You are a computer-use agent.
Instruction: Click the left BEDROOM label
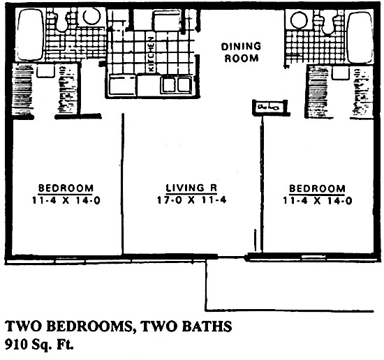(66, 188)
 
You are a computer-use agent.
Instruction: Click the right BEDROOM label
(316, 188)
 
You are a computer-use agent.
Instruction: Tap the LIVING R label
(190, 188)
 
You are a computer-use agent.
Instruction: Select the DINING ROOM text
(241, 52)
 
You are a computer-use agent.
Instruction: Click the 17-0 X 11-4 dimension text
(191, 200)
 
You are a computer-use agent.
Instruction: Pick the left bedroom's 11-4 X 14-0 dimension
(66, 200)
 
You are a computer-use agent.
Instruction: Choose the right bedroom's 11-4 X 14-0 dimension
(316, 200)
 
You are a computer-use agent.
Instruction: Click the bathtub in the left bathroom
(28, 35)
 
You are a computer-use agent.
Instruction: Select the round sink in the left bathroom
(91, 17)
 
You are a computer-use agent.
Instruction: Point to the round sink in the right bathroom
(299, 20)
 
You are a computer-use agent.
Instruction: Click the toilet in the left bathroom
(62, 21)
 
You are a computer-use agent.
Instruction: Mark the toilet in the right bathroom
(327, 22)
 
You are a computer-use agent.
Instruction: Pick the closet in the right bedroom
(320, 91)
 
